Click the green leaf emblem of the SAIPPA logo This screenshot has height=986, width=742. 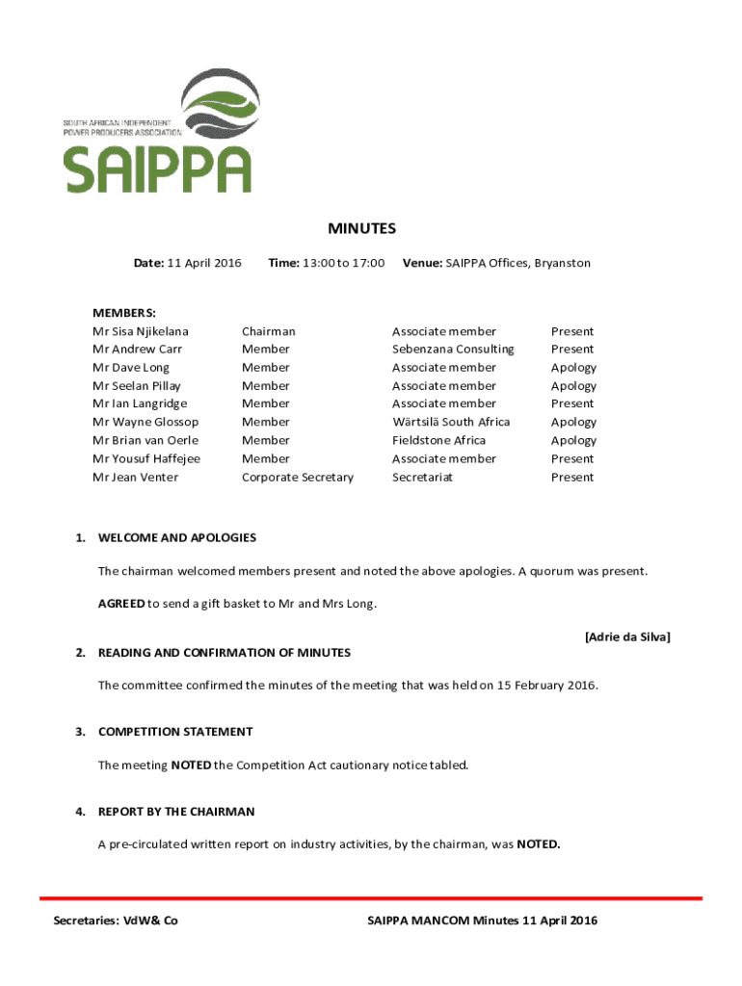click(x=221, y=106)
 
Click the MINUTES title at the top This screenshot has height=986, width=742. click(x=361, y=228)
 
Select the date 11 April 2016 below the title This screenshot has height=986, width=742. click(x=204, y=263)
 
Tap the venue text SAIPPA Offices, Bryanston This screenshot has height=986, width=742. click(x=517, y=263)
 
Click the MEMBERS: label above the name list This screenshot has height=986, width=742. click(x=124, y=313)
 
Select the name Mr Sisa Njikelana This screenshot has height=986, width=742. click(x=141, y=331)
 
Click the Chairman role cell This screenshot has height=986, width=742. click(x=269, y=331)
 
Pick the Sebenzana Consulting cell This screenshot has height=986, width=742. click(x=453, y=350)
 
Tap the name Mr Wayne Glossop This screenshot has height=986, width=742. click(x=146, y=422)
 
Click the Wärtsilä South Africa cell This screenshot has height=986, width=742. click(x=451, y=422)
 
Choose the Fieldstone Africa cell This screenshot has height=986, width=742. click(x=438, y=440)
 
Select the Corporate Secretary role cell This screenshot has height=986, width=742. click(x=298, y=477)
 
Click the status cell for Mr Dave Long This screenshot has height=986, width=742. click(x=573, y=368)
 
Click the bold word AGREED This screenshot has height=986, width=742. click(x=120, y=604)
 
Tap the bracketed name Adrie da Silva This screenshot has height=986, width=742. click(x=627, y=636)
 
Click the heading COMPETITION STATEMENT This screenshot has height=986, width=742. click(x=175, y=732)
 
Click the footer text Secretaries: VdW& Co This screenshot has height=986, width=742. click(x=116, y=921)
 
